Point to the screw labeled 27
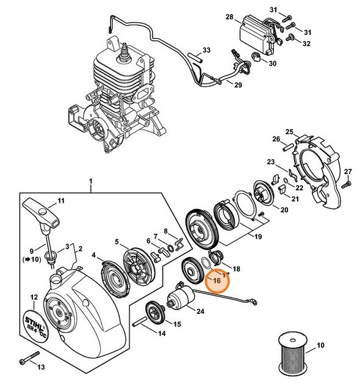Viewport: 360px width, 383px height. pos(345,182)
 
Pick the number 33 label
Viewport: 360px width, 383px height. pos(207,50)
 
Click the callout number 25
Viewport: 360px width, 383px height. pos(290,131)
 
